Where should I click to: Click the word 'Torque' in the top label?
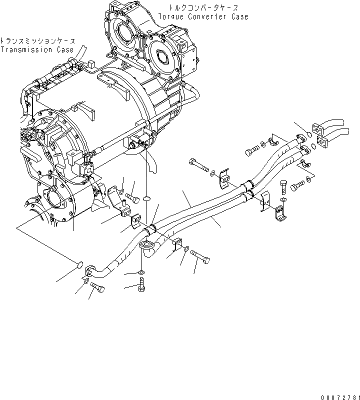(x=171, y=16)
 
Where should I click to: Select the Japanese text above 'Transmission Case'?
(x=37, y=41)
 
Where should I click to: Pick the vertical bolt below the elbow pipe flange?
(x=141, y=287)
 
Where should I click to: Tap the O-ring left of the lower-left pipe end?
(x=80, y=263)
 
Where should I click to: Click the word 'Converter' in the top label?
(x=210, y=16)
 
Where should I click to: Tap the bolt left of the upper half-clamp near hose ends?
(x=252, y=148)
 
